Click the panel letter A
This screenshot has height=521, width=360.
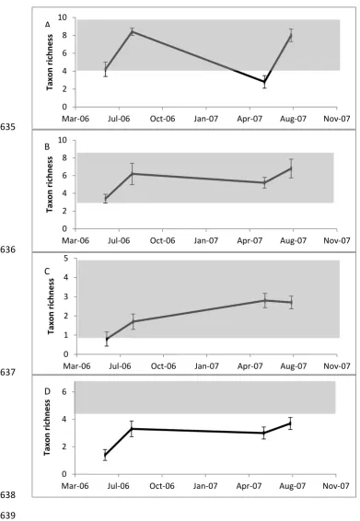pos(48,25)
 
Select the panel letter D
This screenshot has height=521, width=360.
pos(47,392)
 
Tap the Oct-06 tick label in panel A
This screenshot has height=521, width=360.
pos(162,119)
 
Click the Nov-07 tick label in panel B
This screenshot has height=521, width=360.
pos(337,240)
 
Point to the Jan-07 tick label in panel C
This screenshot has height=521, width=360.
pos(206,366)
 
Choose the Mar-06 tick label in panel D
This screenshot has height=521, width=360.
pos(75,486)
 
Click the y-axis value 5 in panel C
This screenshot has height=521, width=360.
pos(65,258)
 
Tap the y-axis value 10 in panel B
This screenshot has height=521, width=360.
pos(63,140)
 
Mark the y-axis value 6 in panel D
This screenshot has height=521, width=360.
pos(64,392)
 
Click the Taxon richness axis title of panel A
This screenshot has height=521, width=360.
pos(50,63)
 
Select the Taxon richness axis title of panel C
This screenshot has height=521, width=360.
pos(51,307)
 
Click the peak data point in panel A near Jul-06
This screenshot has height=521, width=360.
pos(133,31)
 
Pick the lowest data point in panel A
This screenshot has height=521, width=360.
pos(264,82)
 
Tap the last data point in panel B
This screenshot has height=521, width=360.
pos(291,168)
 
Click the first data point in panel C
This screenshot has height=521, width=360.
pos(107,340)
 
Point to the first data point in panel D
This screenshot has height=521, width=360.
pos(105,455)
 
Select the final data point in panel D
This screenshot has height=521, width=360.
pos(290,423)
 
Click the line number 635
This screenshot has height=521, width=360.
pos(7,127)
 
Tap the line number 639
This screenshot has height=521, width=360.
pos(7,515)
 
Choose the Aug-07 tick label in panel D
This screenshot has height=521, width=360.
pos(292,486)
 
